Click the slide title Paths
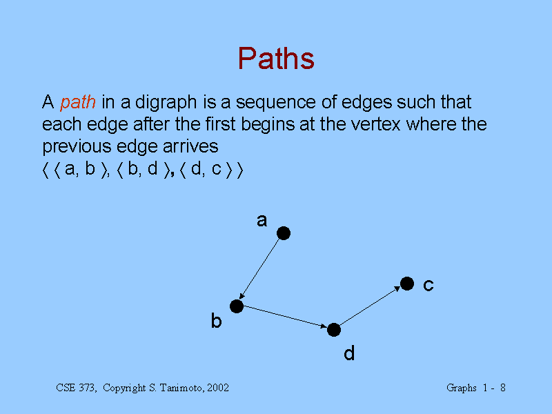coord(276,59)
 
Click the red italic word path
coord(78,102)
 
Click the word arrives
coord(190,146)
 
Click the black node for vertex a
coord(284,233)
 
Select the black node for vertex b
coord(237,306)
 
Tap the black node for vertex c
coord(407,284)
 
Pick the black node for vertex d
coord(334,330)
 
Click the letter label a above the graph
coord(262,221)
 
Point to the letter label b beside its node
coord(216,321)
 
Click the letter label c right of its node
coord(428,285)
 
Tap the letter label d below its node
coord(349,353)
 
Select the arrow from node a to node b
coord(259,269)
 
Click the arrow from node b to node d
coord(285,317)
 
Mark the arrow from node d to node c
coord(370,306)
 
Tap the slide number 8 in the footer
coord(503,388)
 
